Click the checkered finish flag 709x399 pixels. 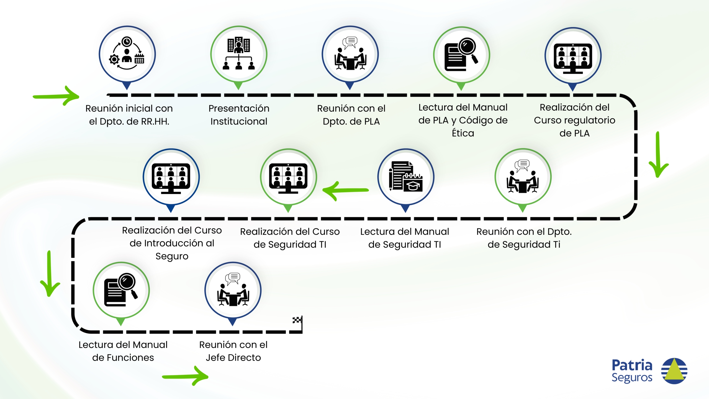click(x=297, y=321)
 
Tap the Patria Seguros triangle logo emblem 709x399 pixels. click(x=674, y=371)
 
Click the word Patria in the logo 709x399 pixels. click(x=632, y=365)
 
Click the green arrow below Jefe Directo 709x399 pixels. click(x=185, y=376)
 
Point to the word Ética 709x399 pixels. click(x=463, y=133)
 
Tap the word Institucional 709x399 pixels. click(x=239, y=122)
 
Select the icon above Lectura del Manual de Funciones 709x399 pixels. click(x=121, y=290)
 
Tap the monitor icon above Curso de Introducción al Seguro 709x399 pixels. click(x=171, y=177)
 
